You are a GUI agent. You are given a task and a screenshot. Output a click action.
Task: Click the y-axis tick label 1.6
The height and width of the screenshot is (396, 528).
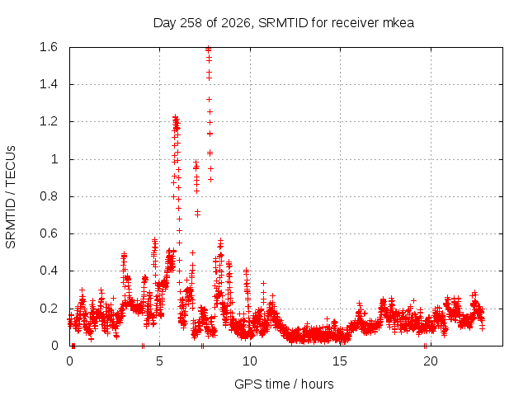click(x=49, y=47)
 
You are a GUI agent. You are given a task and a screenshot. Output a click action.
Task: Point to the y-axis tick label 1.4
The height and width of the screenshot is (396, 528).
click(x=49, y=84)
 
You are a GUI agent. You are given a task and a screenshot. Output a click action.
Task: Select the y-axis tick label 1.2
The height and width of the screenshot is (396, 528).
click(x=49, y=121)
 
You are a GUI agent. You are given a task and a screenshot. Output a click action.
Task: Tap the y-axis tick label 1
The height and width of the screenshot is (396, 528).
click(x=54, y=159)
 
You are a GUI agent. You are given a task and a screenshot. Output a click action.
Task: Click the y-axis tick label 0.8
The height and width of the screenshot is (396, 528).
click(x=49, y=196)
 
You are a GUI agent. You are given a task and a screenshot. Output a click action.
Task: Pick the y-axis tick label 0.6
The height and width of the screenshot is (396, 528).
click(x=49, y=233)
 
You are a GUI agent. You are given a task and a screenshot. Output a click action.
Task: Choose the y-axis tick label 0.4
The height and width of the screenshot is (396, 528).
click(x=49, y=271)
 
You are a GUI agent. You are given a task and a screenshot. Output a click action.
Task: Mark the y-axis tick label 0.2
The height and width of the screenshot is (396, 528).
click(x=49, y=308)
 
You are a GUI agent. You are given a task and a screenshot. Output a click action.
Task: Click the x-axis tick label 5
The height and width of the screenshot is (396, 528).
click(x=159, y=361)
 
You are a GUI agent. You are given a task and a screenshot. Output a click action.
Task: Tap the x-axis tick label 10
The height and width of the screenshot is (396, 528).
click(x=250, y=361)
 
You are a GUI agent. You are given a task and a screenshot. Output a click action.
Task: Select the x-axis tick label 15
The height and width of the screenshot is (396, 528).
click(x=340, y=361)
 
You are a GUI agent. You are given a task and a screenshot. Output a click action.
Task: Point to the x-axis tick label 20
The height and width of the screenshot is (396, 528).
click(x=431, y=361)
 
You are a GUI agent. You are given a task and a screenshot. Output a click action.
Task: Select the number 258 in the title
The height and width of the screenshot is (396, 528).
click(x=191, y=23)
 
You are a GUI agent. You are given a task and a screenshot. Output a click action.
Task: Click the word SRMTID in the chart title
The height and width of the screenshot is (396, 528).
click(x=283, y=23)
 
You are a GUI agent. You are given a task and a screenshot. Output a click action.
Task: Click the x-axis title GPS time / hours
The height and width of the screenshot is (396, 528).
click(x=284, y=384)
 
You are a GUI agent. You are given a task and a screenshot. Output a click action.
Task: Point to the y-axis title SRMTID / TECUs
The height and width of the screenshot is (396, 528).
click(x=11, y=197)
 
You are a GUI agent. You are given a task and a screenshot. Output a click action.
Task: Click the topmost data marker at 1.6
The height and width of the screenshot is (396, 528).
click(x=209, y=49)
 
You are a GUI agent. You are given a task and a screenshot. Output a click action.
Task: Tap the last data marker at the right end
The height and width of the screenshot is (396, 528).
click(x=482, y=328)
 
